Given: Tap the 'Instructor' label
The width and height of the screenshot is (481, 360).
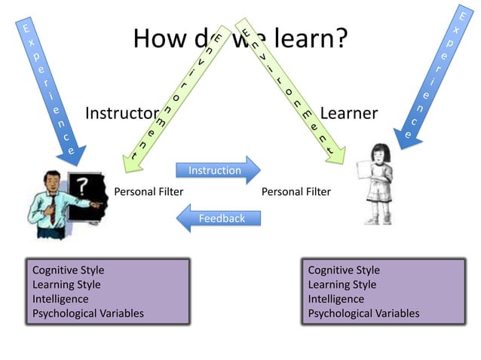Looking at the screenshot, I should coord(121,114).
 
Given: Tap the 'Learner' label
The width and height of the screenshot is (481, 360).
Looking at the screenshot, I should coord(349,114).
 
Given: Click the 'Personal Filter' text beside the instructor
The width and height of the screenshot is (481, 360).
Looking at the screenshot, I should coord(149,192).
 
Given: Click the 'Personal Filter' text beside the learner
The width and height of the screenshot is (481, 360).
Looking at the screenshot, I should coord(296,192).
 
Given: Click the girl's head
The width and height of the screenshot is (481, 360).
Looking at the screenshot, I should coord(377,154).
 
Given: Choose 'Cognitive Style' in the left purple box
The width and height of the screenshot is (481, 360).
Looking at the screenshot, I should coord(69,270).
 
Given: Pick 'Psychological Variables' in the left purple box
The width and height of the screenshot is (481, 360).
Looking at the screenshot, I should coord(88,313).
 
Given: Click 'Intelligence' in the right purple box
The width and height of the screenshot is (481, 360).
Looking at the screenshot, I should coord(336,299).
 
